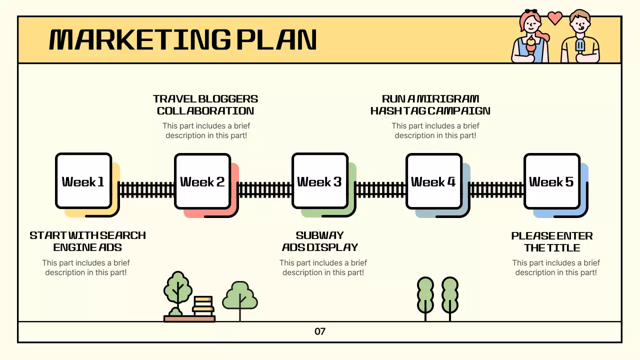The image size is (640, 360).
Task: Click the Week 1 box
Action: (83, 181)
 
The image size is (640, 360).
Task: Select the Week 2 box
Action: (202, 181)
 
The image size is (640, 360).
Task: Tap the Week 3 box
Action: (319, 181)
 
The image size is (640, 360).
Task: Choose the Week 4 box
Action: (433, 181)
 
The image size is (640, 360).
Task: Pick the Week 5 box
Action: (551, 181)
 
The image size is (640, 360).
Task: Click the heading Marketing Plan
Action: (183, 40)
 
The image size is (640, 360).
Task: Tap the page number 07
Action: (320, 331)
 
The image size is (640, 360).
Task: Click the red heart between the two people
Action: (554, 17)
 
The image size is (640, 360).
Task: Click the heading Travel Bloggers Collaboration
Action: (205, 105)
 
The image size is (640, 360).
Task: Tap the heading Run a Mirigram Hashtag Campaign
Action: (430, 105)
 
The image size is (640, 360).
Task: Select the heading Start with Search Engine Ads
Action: (87, 241)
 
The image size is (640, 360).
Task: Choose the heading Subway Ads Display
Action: (320, 241)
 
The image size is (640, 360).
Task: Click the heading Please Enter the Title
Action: (552, 242)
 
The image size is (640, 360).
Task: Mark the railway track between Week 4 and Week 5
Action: (496, 189)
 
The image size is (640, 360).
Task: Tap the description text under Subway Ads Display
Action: (323, 267)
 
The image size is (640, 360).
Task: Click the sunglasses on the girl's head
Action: (530, 11)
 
